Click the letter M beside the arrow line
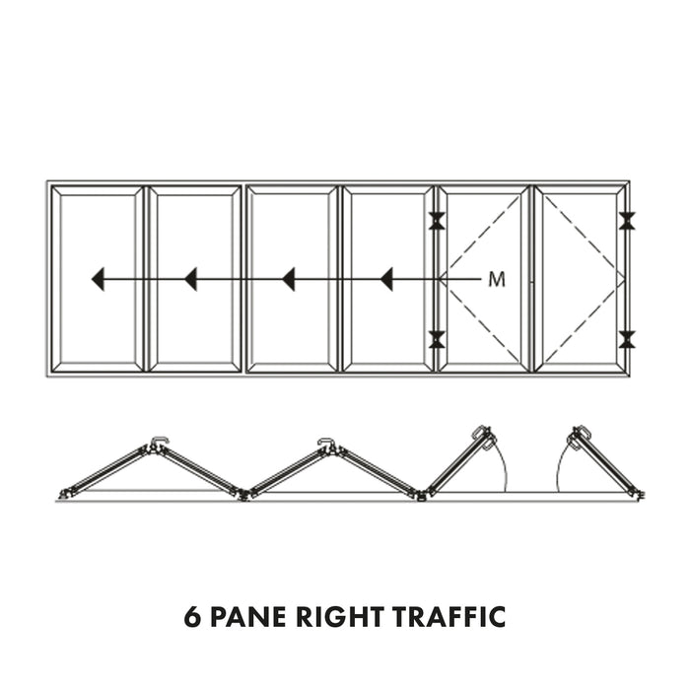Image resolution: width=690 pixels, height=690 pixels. pyautogui.click(x=497, y=280)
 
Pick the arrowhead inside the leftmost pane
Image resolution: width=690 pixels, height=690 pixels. pyautogui.click(x=98, y=280)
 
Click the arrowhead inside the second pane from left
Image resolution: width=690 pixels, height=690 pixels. pyautogui.click(x=190, y=280)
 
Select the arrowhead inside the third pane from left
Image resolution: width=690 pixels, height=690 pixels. pyautogui.click(x=288, y=280)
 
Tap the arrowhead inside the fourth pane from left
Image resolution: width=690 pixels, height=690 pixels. pyautogui.click(x=386, y=280)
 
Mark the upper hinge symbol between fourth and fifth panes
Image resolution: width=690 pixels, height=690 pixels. pyautogui.click(x=436, y=222)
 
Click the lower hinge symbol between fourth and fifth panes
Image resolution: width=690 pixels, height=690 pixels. pyautogui.click(x=436, y=340)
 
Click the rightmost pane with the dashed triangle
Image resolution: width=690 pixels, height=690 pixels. pyautogui.click(x=582, y=279)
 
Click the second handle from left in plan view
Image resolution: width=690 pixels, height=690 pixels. pyautogui.click(x=326, y=442)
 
